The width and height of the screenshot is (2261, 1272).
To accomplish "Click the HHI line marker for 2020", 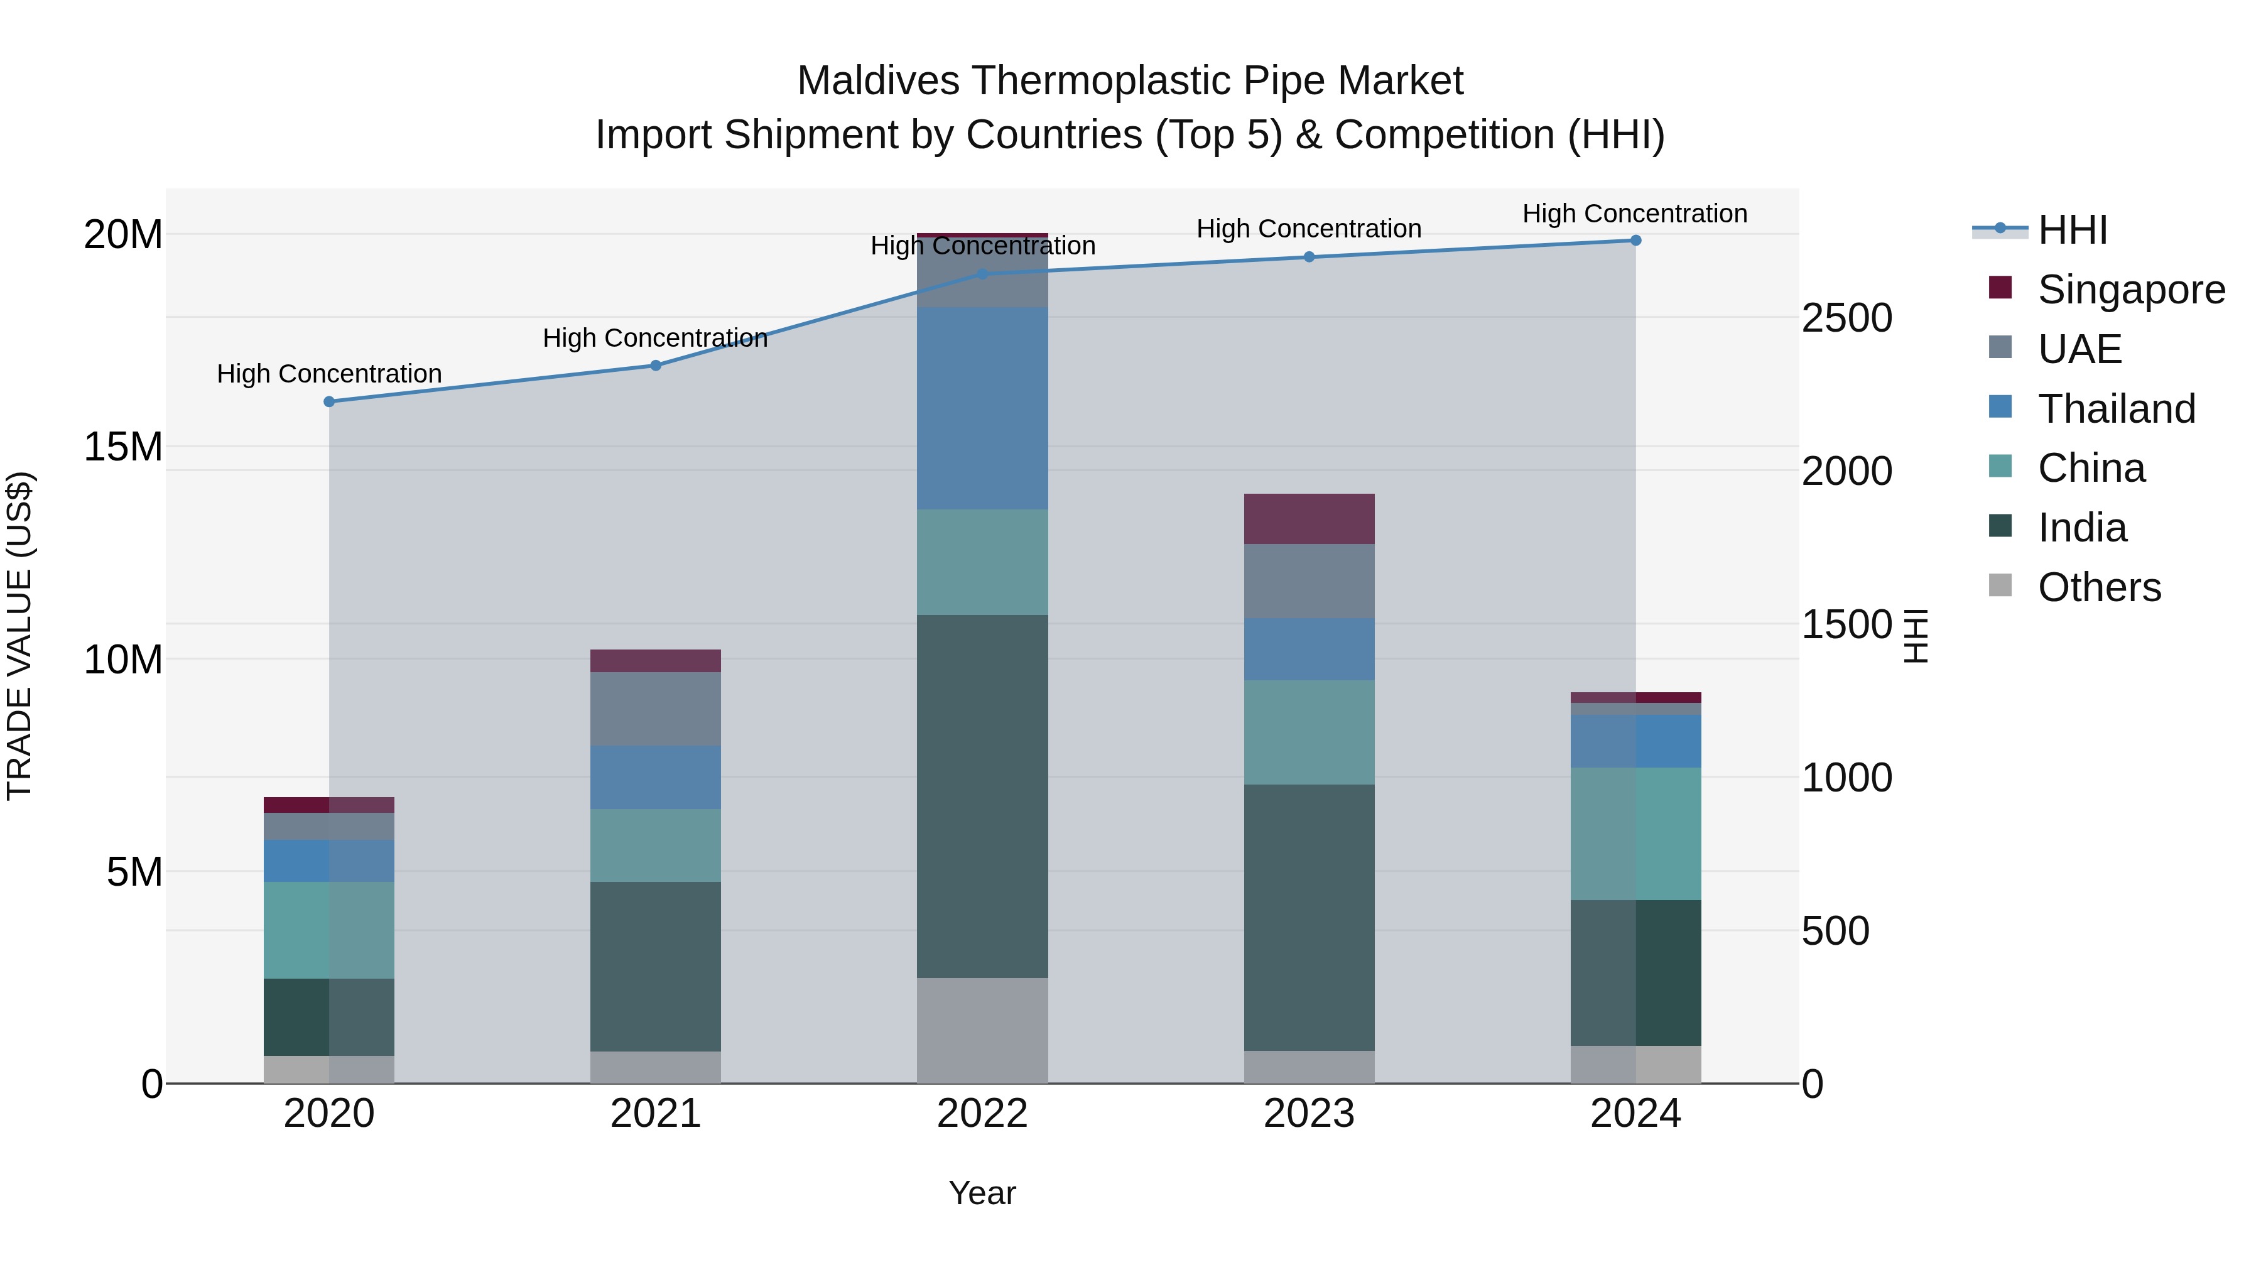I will tap(329, 401).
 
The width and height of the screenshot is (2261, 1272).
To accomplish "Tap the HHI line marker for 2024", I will tap(1635, 240).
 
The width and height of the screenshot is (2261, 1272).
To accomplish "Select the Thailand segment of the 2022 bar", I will tap(982, 408).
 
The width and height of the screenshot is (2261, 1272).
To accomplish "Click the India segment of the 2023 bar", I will tap(1309, 917).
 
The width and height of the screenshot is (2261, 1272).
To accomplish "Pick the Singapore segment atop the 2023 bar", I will tap(1309, 518).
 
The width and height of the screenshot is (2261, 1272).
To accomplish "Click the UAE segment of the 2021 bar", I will tap(656, 709).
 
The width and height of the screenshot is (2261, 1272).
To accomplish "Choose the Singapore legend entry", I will tap(2130, 290).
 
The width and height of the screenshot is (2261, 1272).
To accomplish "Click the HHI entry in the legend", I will tap(2071, 230).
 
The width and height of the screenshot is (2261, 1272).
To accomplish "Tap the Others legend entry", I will tap(2098, 587).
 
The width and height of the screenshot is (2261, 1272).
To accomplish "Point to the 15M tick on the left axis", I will tap(123, 447).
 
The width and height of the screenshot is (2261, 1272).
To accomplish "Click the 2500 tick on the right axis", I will tap(1846, 318).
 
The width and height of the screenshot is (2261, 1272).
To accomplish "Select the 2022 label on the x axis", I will tap(982, 1114).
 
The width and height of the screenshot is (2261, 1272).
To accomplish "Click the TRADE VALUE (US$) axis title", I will tap(19, 636).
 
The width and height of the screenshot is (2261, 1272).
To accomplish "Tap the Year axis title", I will tap(982, 1193).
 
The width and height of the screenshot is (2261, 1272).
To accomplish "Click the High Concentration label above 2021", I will tap(655, 338).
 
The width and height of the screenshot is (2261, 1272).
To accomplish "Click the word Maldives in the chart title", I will tap(878, 81).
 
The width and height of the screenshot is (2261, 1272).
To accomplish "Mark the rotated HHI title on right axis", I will tap(1916, 636).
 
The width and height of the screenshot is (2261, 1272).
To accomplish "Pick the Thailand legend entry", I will tap(2115, 408).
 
